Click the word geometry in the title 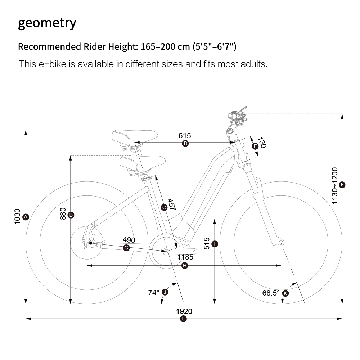tap(47, 23)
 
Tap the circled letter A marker tap(26, 217)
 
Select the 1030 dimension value tap(17, 216)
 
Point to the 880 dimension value tap(63, 214)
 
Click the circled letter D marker tap(185, 144)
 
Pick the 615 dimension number tap(185, 136)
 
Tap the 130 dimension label tap(262, 142)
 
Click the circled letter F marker tap(342, 185)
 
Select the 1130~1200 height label tap(335, 185)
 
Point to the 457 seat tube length tap(172, 204)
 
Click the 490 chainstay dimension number tap(129, 240)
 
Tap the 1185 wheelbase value tap(185, 257)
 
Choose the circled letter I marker tap(215, 244)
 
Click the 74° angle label tap(154, 292)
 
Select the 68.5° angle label tap(271, 293)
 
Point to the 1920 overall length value tap(184, 311)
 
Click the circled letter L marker tap(183, 319)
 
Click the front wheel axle tap(281, 243)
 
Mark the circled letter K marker tap(285, 293)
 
